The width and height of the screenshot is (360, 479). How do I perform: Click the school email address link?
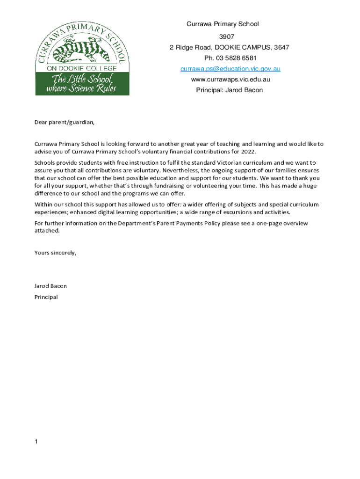coord(230,69)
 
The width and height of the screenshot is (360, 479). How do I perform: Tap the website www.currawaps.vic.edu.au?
coord(230,80)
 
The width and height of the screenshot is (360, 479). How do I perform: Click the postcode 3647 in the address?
coord(281,47)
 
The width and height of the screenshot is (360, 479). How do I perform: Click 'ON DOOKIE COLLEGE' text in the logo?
coord(82,69)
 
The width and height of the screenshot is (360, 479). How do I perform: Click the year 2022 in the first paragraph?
coord(249,152)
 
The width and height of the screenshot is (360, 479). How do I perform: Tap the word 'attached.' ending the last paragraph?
coord(47,231)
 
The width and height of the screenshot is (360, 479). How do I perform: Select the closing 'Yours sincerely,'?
coord(55,253)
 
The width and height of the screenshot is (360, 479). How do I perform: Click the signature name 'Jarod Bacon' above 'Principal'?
coord(50,286)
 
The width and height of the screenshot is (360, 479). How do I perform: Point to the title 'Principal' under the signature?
coord(46,297)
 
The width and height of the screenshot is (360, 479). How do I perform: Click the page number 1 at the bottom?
coord(36,442)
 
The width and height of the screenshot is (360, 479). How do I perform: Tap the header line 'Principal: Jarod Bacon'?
coord(229,90)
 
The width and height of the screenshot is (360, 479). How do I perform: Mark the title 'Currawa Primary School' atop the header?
coord(223,24)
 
